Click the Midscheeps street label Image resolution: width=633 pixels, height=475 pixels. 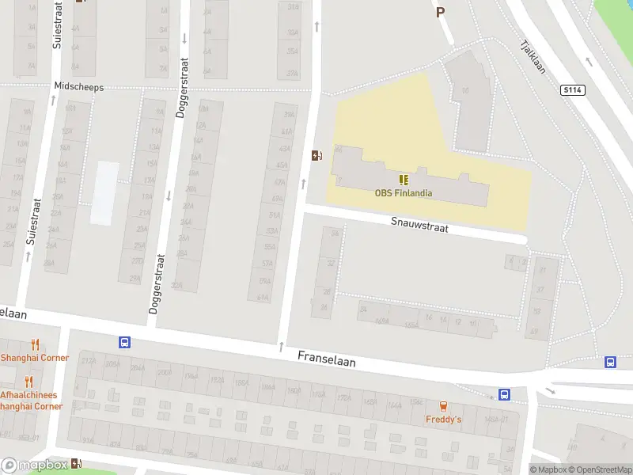point(78,87)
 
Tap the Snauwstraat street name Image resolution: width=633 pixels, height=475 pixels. point(419,226)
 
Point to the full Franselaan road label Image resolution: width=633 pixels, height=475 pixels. point(327,359)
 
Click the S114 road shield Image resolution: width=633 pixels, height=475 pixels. point(573,91)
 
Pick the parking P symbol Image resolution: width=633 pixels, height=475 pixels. point(440,12)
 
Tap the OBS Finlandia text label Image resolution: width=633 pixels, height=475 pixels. point(404,192)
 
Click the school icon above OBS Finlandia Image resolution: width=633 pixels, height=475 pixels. point(404,180)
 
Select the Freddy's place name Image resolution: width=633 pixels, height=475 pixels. point(443,419)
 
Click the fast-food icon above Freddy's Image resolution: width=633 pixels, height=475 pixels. point(443,406)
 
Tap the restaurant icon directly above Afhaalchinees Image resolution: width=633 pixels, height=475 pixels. point(29,382)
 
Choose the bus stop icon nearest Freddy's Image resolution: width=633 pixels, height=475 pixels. point(504,394)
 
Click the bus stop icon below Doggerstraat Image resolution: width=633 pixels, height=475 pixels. point(124,343)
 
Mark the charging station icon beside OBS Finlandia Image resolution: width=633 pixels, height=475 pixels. point(317,155)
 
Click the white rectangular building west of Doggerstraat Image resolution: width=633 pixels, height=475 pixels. point(104,192)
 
